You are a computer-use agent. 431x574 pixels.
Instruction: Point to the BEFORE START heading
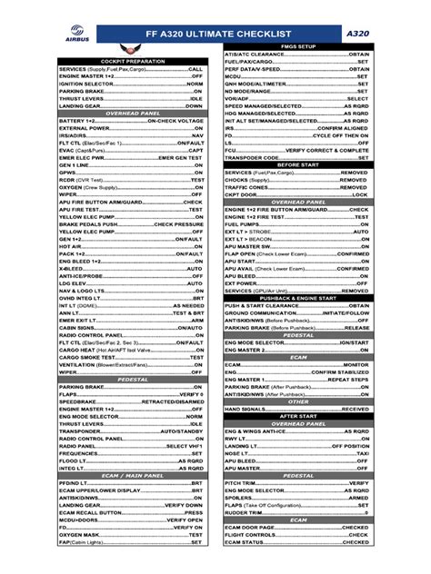click(x=296, y=163)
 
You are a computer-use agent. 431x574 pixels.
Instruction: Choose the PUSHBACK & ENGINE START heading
click(x=296, y=298)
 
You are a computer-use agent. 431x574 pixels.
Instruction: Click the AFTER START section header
click(x=296, y=416)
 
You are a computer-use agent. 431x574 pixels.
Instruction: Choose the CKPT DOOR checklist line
click(x=296, y=193)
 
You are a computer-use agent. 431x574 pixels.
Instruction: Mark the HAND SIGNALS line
click(x=296, y=409)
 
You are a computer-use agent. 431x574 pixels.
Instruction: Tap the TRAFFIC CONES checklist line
click(x=296, y=186)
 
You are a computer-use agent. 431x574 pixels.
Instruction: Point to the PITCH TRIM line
click(x=296, y=482)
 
